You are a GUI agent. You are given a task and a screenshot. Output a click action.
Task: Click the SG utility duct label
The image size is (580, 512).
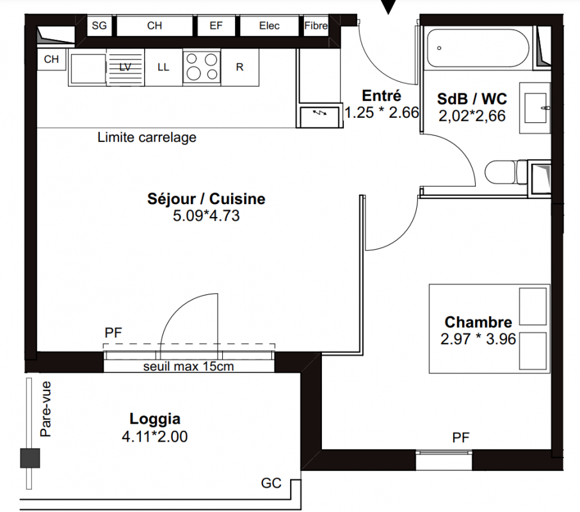(x=99, y=26)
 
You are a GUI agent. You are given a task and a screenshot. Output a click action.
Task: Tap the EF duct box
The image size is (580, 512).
(x=216, y=26)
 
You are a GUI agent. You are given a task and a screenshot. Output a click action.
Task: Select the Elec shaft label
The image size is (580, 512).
(x=270, y=26)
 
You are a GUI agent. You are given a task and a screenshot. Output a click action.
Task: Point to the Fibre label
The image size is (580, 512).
(x=316, y=26)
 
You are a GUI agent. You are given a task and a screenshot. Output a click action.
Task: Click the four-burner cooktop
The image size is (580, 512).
(x=202, y=68)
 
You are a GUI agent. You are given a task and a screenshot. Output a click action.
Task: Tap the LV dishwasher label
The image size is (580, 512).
(x=125, y=67)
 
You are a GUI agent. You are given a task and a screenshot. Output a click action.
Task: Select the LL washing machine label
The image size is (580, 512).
(x=163, y=67)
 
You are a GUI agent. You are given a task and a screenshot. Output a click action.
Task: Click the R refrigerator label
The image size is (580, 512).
(x=239, y=67)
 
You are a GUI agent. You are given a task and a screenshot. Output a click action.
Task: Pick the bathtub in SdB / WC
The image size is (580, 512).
(x=478, y=48)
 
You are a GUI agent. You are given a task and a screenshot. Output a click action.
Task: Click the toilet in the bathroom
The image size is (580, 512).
(x=506, y=172)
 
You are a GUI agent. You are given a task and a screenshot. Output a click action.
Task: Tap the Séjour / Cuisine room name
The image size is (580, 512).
(x=206, y=199)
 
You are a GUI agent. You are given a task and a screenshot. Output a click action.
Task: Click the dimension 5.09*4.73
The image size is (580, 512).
(x=206, y=216)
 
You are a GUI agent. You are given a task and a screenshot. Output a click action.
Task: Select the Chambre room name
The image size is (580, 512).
(x=478, y=322)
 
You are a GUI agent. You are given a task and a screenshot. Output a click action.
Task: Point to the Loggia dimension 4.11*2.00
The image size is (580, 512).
(x=155, y=436)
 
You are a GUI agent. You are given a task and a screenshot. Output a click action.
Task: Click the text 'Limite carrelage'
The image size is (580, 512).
(x=147, y=138)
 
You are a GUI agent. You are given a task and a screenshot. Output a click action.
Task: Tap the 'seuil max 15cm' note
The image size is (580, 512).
(x=189, y=366)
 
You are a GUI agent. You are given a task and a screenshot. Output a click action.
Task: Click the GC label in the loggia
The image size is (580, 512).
(x=271, y=483)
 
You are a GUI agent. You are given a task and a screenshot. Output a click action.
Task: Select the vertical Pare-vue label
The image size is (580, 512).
(x=45, y=409)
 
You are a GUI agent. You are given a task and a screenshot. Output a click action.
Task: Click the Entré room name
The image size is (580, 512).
(x=382, y=96)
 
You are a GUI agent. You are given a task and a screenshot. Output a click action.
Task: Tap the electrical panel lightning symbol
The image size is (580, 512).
(x=319, y=113)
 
